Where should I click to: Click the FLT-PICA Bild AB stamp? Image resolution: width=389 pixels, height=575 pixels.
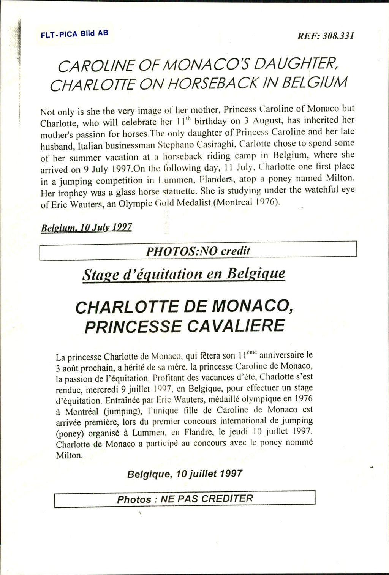pos(74,33)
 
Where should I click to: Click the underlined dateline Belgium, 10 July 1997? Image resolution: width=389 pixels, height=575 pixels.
pos(86,227)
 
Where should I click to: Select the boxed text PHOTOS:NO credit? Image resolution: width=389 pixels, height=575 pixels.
pos(198,251)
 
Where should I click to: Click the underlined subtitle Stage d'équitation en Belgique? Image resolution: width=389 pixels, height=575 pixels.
pos(184,274)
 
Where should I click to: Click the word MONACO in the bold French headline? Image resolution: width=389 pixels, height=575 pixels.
pos(251,306)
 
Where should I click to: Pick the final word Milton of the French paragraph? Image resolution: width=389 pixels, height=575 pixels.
pos(69,455)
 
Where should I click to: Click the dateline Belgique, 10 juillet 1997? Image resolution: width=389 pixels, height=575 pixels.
pos(185,474)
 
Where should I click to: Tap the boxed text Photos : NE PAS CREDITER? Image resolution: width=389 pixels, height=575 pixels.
pos(185,499)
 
